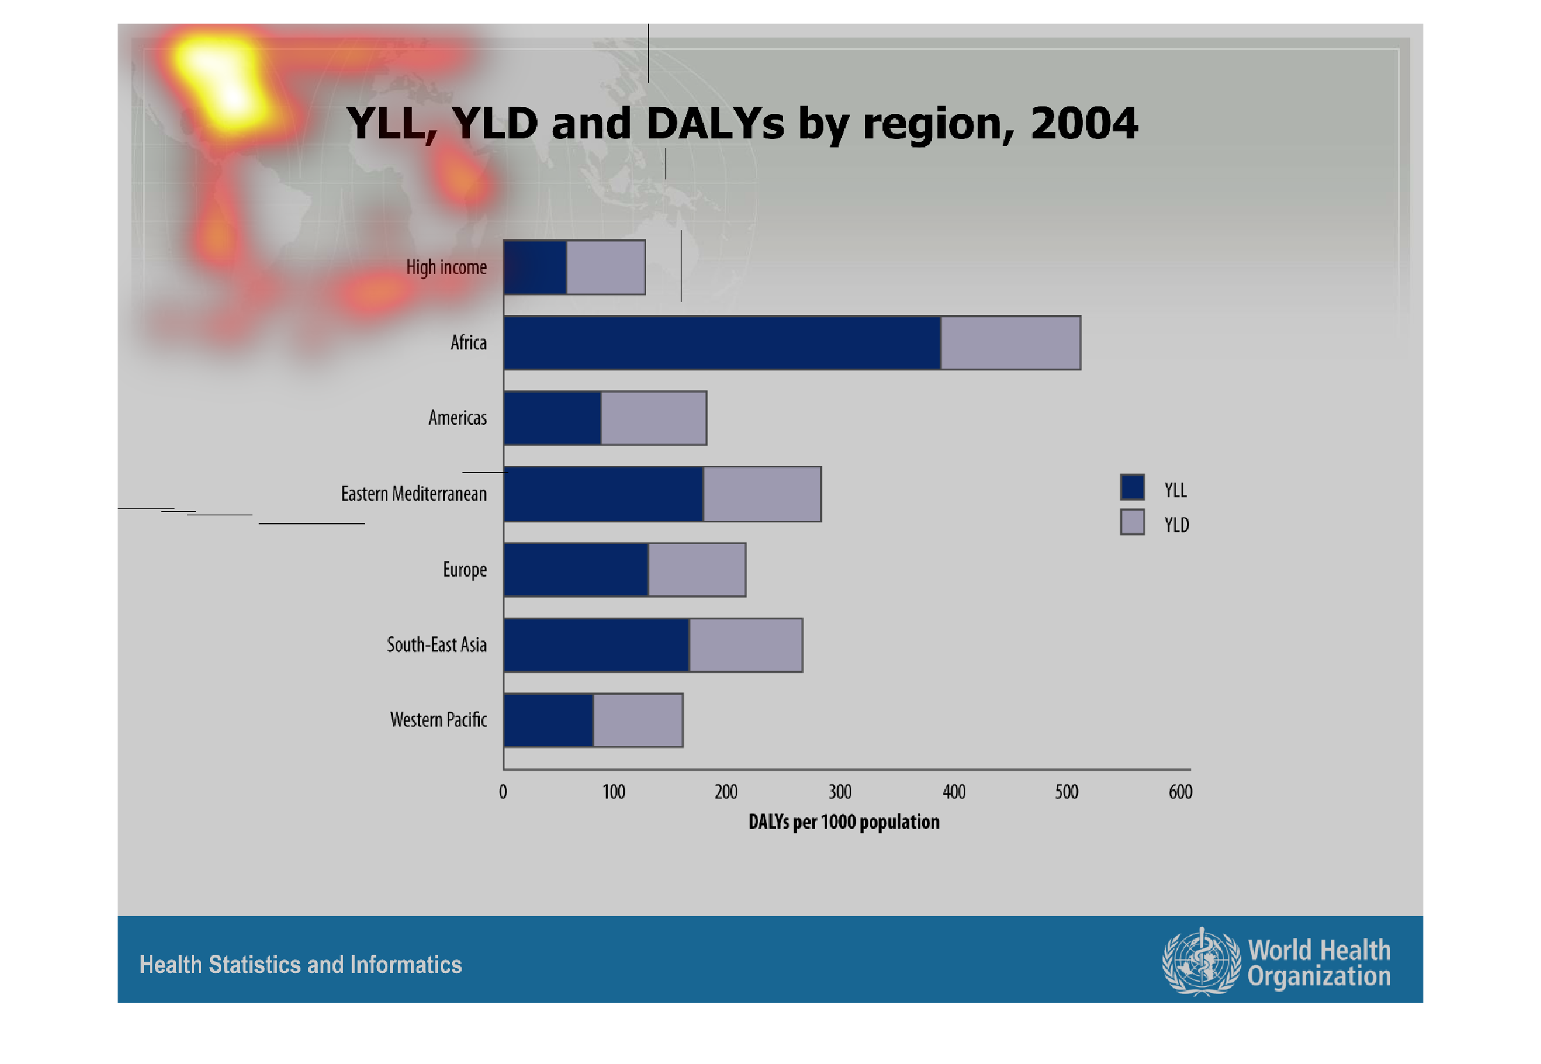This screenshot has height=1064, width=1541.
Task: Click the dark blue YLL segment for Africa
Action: pos(722,343)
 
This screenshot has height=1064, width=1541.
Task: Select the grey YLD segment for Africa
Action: pos(1011,343)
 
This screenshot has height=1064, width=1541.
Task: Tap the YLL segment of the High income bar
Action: pos(535,267)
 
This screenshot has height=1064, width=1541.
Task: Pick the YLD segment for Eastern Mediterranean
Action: pos(762,494)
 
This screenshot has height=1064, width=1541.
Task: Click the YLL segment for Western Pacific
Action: pos(549,720)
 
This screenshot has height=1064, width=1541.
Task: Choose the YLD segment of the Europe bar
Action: pos(697,570)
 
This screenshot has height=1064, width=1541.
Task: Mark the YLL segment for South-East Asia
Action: pos(597,645)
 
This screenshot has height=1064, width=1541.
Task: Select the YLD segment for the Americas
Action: pos(654,418)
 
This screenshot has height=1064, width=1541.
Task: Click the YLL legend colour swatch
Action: pos(1132,487)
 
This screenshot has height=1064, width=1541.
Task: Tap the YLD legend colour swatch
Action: pos(1132,522)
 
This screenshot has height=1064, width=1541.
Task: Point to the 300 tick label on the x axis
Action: pos(840,791)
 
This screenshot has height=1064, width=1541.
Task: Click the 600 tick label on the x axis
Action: pos(1180,791)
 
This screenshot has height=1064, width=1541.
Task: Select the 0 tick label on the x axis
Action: pos(503,791)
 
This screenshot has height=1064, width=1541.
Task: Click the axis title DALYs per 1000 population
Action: pos(844,822)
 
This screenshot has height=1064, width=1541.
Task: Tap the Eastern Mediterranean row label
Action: pos(414,494)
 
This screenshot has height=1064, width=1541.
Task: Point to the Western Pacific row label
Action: pos(438,720)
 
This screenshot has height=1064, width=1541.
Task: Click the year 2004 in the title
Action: pos(1084,123)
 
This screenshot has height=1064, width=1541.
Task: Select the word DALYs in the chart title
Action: pos(716,123)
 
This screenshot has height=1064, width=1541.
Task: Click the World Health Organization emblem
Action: pos(1201,961)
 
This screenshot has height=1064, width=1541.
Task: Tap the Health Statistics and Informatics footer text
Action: pos(300,965)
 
